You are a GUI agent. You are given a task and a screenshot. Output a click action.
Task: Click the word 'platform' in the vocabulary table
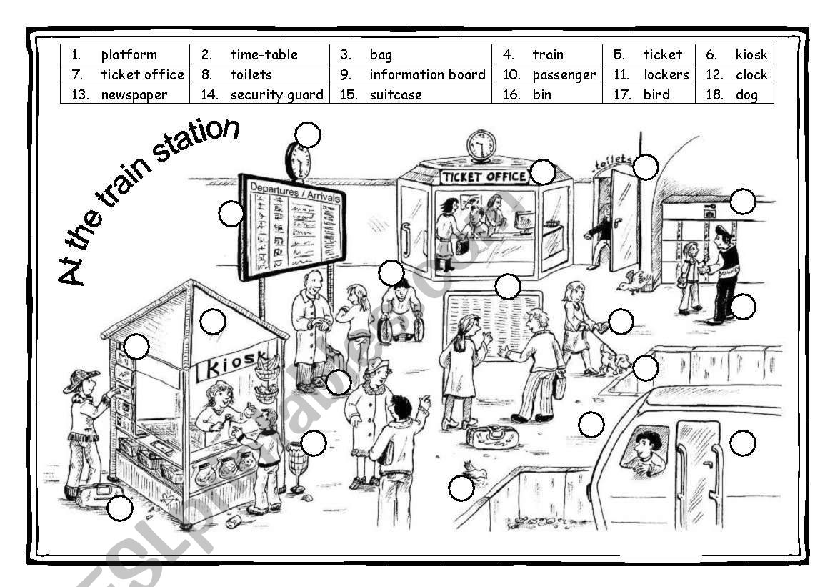pyautogui.click(x=129, y=54)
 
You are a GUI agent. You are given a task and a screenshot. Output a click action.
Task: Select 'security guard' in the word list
pyautogui.click(x=276, y=94)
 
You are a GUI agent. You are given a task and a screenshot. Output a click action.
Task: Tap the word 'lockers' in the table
pyautogui.click(x=666, y=74)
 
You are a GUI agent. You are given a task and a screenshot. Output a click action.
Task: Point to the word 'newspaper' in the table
pyautogui.click(x=134, y=94)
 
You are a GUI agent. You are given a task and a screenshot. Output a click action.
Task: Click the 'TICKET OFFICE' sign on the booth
pyautogui.click(x=484, y=177)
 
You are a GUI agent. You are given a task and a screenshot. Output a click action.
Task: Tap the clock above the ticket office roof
pyautogui.click(x=481, y=146)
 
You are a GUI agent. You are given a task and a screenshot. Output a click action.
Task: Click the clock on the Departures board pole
pyautogui.click(x=298, y=161)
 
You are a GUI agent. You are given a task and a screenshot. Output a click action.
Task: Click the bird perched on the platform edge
pyautogui.click(x=474, y=470)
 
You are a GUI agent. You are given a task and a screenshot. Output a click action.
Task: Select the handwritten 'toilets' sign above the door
pyautogui.click(x=612, y=161)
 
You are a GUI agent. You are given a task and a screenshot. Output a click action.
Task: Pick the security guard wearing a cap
pyautogui.click(x=724, y=272)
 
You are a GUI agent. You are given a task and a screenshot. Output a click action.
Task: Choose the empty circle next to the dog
pyautogui.click(x=645, y=368)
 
